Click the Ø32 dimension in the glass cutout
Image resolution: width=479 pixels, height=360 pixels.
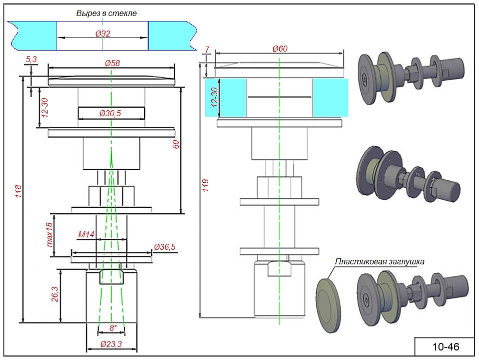(103, 34)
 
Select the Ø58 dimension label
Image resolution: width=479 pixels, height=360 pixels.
(112, 64)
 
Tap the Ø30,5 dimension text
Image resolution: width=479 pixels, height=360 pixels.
(110, 114)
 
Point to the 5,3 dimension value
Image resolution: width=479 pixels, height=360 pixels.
(31, 60)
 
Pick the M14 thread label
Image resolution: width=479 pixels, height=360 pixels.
(86, 234)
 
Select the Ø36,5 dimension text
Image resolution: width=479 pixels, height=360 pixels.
(165, 247)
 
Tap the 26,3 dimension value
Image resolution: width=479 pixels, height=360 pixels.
(56, 296)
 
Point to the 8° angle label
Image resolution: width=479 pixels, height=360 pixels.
(113, 328)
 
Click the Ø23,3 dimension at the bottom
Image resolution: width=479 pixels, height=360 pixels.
(111, 344)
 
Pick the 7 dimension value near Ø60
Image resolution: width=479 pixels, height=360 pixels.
(207, 49)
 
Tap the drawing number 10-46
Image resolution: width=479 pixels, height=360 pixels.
(445, 346)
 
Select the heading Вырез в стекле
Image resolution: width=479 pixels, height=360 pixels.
(106, 13)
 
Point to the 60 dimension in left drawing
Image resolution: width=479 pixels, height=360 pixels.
(176, 144)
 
